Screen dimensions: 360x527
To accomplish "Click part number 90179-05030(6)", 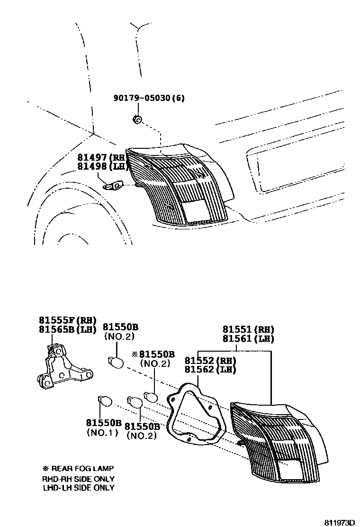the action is click(149, 99).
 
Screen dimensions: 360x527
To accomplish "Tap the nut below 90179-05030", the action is click(137, 119).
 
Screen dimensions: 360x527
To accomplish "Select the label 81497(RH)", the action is click(102, 158).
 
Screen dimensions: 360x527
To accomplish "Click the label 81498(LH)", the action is click(102, 166).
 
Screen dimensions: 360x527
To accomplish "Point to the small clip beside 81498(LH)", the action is click(114, 185).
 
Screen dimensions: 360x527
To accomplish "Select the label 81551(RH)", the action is click(249, 330).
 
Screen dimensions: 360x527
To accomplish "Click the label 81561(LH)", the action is click(249, 338).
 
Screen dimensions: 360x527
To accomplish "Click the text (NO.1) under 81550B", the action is click(102, 432).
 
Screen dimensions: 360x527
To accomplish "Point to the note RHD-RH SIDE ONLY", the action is click(79, 479).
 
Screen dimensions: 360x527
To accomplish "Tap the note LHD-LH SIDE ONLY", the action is click(79, 487).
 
